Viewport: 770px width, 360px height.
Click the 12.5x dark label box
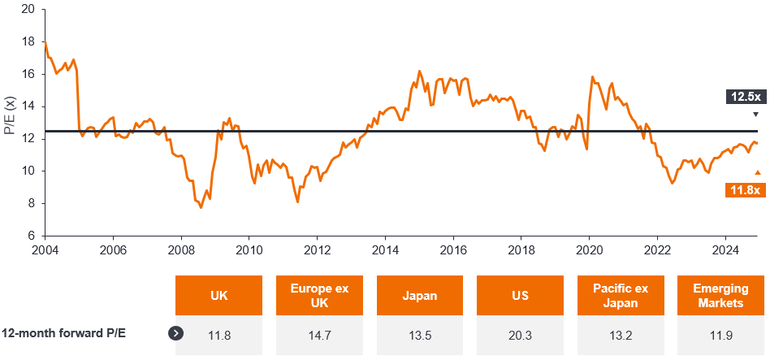click(x=745, y=97)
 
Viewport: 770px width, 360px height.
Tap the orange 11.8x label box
click(x=745, y=189)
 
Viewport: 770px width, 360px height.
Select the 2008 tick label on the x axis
click(x=180, y=250)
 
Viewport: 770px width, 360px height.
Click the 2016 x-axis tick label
click(x=452, y=250)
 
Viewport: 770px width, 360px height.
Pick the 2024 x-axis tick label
click(x=725, y=250)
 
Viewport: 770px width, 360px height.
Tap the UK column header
click(x=218, y=295)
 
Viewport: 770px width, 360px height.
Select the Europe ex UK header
click(x=319, y=295)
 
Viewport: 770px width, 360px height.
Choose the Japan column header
click(x=420, y=295)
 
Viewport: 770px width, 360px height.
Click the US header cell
click(x=520, y=295)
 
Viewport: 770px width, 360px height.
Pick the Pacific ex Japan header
click(x=621, y=295)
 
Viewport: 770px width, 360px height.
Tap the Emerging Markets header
click(x=720, y=295)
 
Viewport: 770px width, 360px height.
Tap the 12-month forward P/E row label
click(x=63, y=332)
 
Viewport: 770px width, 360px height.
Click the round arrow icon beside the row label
click(x=175, y=332)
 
